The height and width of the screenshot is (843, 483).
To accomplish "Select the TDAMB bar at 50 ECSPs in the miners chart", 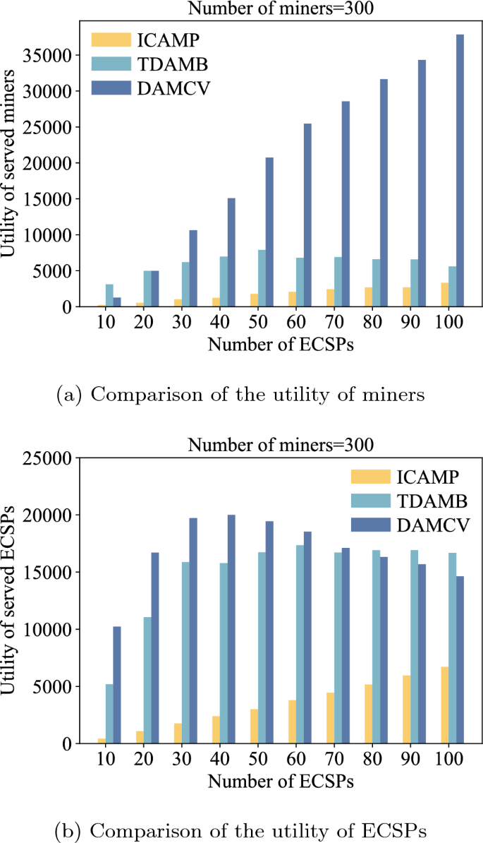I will pos(262,278).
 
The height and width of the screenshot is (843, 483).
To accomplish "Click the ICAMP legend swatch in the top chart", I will pos(111,39).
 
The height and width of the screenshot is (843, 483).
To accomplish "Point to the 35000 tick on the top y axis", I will pos(55,56).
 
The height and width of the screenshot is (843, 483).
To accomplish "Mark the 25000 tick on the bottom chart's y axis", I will pos(55,458).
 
